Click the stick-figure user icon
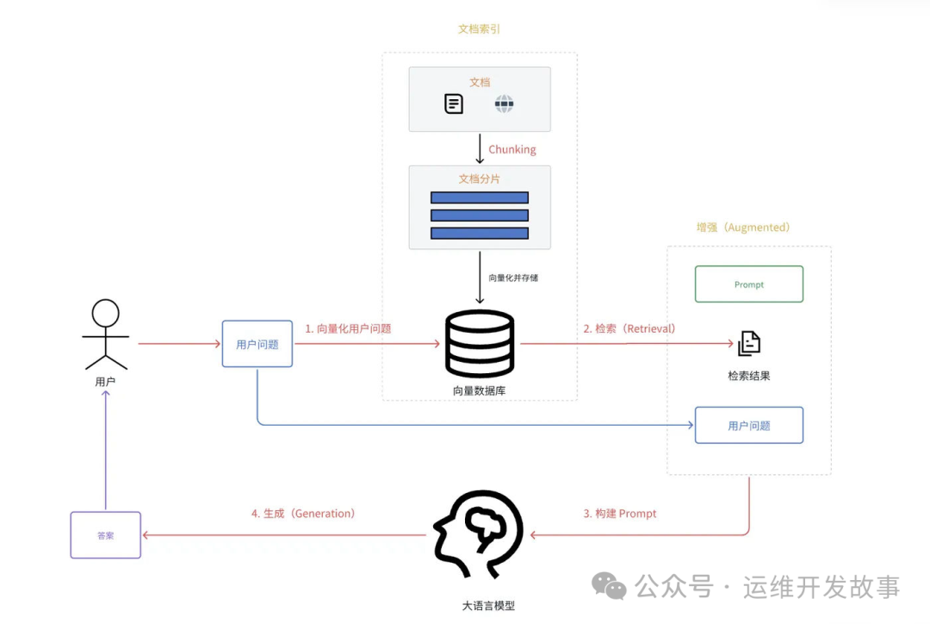coord(105,334)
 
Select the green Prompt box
coord(748,284)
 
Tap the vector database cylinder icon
coord(480,343)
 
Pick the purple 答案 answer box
coord(105,535)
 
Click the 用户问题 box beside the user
coord(257,344)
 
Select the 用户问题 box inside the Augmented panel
coord(748,426)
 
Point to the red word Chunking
coord(512,149)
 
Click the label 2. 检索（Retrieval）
coord(629,328)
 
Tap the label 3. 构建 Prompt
coord(620,514)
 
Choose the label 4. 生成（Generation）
coord(303,514)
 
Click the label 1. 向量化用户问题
coord(348,328)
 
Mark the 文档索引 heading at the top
coord(479,29)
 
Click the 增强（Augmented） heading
coord(742,228)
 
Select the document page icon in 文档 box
coord(454,104)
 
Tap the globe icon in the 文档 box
coord(504,105)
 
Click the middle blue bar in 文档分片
coord(480,215)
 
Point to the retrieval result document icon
coord(748,343)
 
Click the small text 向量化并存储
coord(513,278)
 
